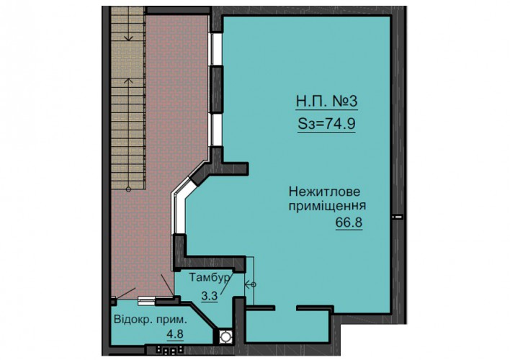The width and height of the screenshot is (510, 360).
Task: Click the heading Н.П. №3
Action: [x=326, y=101]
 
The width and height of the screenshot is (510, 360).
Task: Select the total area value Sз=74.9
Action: [x=326, y=124]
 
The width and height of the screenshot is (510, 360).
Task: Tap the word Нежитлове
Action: [x=324, y=192]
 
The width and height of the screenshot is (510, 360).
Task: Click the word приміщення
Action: [x=328, y=206]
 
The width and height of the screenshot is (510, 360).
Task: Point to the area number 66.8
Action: [x=349, y=222]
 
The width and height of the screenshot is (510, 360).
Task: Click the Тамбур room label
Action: [x=210, y=278]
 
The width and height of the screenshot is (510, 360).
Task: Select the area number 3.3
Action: [x=209, y=296]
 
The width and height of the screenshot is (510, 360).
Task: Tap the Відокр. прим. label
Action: [x=151, y=320]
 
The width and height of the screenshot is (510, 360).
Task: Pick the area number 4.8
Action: [x=175, y=333]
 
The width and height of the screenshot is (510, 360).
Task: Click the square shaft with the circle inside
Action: [x=225, y=336]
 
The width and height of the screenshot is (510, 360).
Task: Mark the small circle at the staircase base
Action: [x=128, y=189]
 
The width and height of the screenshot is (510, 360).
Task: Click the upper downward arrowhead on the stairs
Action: [x=129, y=38]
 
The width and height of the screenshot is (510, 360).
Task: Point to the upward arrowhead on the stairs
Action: [x=129, y=80]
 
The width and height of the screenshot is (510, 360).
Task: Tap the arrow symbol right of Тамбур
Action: [x=250, y=284]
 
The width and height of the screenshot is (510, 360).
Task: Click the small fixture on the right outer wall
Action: [x=398, y=216]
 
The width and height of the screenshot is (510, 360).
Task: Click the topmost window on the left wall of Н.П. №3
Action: [x=215, y=49]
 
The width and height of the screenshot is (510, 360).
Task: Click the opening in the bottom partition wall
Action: [x=285, y=307]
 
